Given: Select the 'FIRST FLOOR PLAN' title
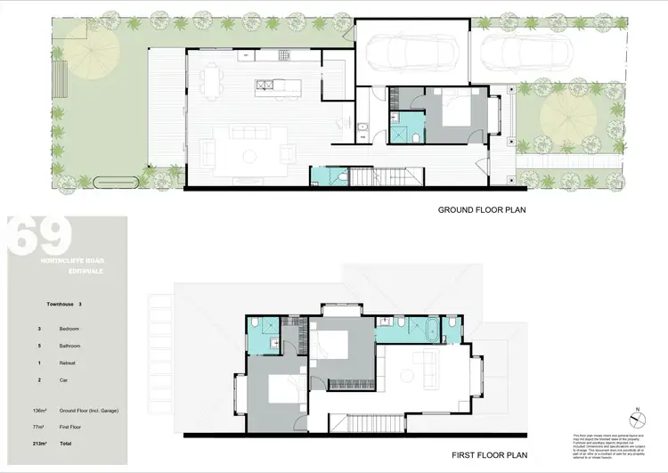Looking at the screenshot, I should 482,453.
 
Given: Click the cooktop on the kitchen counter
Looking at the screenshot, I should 286,55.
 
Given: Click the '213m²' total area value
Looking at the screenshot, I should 37,443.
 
